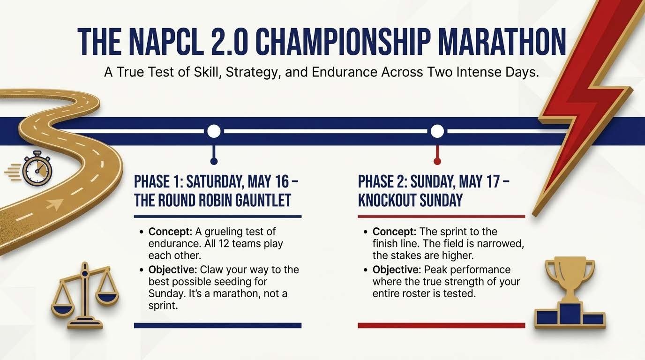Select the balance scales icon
tap(85, 294)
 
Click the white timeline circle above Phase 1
tap(214, 131)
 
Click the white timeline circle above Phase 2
tap(437, 131)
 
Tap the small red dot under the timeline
tap(437, 161)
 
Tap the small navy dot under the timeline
tap(214, 161)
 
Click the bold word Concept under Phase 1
tap(167, 232)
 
